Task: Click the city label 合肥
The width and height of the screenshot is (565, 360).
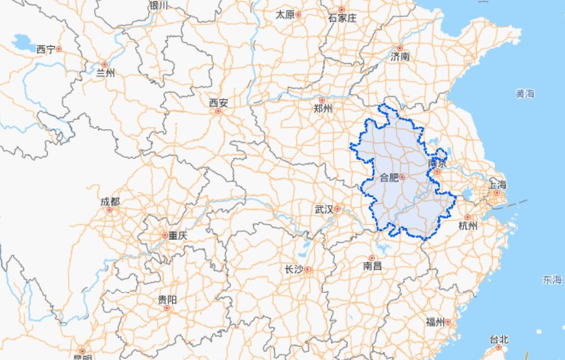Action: pos(388,177)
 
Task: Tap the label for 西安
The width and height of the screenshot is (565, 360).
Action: pos(218,103)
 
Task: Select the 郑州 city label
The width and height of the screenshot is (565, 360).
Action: pos(324,108)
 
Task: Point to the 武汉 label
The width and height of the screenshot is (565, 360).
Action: pos(324,209)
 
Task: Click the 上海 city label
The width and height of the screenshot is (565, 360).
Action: pos(498,184)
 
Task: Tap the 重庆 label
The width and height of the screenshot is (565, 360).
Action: pos(177,235)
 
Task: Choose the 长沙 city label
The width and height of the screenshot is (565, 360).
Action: pos(294,269)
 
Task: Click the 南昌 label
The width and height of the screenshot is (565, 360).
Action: pos(372,266)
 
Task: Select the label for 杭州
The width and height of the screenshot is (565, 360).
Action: pos(468,226)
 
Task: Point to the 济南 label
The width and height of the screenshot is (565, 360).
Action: pos(400,56)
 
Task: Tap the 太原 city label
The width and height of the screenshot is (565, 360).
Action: pos(285,14)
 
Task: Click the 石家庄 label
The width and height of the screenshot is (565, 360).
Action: pos(342,18)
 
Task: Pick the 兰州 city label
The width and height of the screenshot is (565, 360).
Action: pos(105,73)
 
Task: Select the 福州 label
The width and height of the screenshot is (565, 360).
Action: pos(435,321)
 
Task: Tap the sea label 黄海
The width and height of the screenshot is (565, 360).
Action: pos(524,93)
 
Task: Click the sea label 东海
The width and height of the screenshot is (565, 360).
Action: pos(551,280)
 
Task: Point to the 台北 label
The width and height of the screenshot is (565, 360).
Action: pos(499,339)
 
